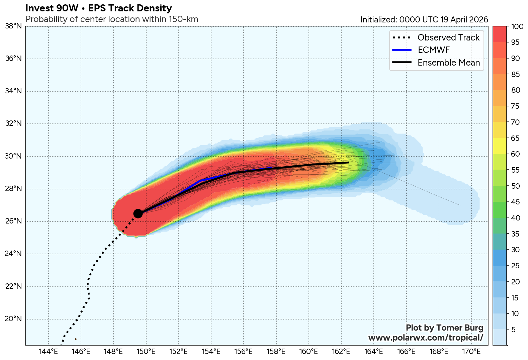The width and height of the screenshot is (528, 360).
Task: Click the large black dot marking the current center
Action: coord(138,213)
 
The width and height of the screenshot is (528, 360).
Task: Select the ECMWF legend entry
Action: coord(434,50)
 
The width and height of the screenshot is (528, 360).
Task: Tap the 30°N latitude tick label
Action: coord(14,156)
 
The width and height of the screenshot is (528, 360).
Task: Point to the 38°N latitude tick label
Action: coord(14,26)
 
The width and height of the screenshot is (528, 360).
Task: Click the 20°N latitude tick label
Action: coord(14,319)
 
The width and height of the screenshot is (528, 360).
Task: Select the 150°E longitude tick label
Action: coord(146,352)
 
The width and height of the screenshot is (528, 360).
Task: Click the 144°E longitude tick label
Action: coord(49,352)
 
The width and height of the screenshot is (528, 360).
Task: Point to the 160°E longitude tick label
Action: coord(309,352)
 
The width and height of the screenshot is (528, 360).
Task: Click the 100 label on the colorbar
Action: coord(517,27)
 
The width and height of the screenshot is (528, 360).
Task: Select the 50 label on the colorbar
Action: coord(516,186)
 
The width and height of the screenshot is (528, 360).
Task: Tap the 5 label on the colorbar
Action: coord(514,330)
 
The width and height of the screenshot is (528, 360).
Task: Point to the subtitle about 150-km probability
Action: coord(112,19)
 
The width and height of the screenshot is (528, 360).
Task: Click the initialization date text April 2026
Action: coord(469,20)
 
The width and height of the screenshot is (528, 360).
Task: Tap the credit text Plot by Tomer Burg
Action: coord(444,328)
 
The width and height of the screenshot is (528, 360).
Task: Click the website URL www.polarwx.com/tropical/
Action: coord(426,338)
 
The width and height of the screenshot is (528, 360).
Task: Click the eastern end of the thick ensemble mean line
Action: coord(349,162)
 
